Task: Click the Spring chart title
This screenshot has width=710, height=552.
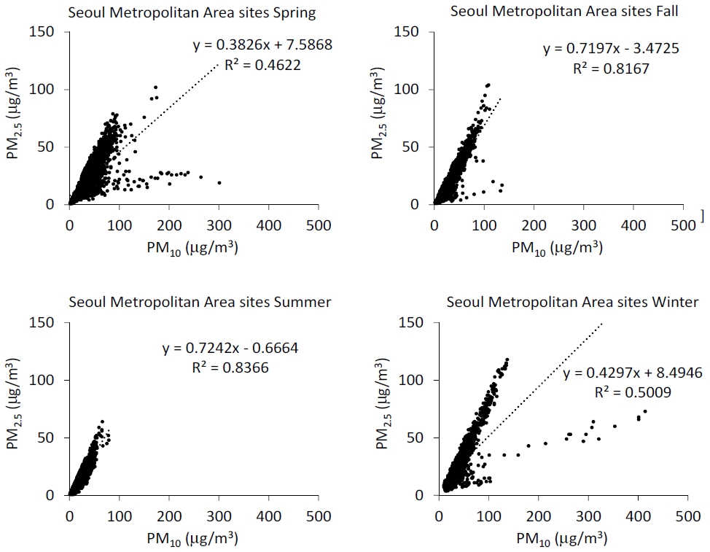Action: tap(192, 12)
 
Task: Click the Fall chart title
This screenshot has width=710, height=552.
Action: tap(564, 11)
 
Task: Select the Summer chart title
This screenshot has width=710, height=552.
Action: tap(200, 302)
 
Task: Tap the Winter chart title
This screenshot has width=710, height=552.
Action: tap(572, 302)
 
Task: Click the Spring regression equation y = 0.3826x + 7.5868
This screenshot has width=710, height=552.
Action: tap(262, 44)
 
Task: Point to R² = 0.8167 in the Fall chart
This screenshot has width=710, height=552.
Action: tap(612, 68)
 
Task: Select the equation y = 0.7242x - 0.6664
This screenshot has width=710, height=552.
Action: tap(230, 349)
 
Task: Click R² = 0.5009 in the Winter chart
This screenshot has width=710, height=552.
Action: tap(633, 392)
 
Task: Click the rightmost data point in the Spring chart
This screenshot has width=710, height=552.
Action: tap(219, 182)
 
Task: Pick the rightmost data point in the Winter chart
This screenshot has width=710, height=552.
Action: tap(645, 411)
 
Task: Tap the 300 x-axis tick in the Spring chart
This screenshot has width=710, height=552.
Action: tap(219, 225)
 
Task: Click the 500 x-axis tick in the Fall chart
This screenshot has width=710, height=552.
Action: tap(683, 225)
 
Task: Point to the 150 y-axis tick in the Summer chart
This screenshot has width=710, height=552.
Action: tap(42, 322)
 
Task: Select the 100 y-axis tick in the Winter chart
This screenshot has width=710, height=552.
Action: tap(410, 380)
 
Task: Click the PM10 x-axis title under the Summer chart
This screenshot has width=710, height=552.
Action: tap(192, 539)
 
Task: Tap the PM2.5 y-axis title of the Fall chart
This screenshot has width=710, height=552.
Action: tap(378, 113)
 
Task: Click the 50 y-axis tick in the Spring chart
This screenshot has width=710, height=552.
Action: tap(46, 147)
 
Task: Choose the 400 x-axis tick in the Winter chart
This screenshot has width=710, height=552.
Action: tap(638, 516)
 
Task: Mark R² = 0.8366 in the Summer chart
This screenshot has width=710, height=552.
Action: tap(230, 367)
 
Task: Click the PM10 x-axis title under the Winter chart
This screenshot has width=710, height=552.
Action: tap(561, 539)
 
